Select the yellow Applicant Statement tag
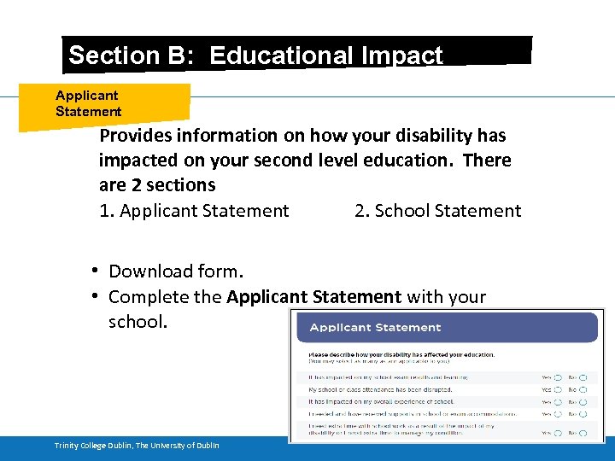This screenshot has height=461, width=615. tap(89, 103)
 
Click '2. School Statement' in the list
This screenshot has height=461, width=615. tap(437, 211)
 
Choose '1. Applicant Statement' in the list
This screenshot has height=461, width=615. tap(194, 211)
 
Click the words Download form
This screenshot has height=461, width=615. tap(176, 271)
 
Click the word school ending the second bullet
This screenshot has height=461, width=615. tap(136, 323)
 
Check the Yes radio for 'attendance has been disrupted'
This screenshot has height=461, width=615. tap(558, 389)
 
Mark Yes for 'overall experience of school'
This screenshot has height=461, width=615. tap(558, 401)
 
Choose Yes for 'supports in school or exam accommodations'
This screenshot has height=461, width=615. tap(558, 414)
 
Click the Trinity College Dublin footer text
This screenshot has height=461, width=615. tap(137, 446)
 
